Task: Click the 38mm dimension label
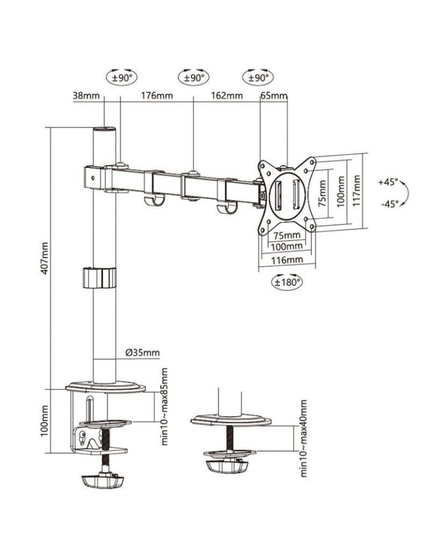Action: pos(85,95)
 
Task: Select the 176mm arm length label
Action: pos(157,95)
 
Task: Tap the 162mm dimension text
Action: pos(227,95)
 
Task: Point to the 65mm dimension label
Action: pos(273,95)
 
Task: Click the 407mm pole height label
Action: pos(45,258)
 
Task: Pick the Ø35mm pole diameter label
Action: pos(142,352)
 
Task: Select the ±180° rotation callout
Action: pos(287,282)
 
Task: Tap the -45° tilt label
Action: pos(389,204)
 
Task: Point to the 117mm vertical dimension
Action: pos(357,191)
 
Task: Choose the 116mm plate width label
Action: pos(287,260)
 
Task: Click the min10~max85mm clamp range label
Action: pos(165,406)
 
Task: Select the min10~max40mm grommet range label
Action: pos(304,438)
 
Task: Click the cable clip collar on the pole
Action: pos(100,277)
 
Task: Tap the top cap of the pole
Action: pos(104,131)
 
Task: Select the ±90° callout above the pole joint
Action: pos(121,78)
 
